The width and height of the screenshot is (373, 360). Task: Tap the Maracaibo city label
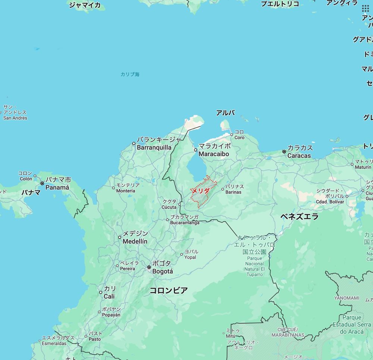click(214, 150)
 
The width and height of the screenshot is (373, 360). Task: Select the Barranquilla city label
click(154, 144)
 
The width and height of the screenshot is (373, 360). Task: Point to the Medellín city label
click(135, 237)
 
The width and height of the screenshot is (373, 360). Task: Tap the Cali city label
click(109, 293)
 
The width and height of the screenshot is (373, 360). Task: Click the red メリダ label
click(200, 190)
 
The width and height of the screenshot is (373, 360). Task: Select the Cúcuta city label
click(169, 204)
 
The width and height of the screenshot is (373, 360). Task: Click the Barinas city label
click(234, 189)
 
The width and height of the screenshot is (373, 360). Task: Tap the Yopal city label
click(191, 255)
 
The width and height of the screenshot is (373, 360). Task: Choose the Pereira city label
click(128, 266)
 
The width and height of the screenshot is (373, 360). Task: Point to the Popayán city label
click(111, 312)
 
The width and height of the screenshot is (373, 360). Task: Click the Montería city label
click(126, 188)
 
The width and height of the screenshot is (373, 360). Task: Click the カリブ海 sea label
click(130, 75)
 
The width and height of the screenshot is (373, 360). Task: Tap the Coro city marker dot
click(232, 135)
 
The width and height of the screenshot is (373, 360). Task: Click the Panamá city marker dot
click(42, 183)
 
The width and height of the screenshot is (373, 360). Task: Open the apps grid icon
click(366, 9)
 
